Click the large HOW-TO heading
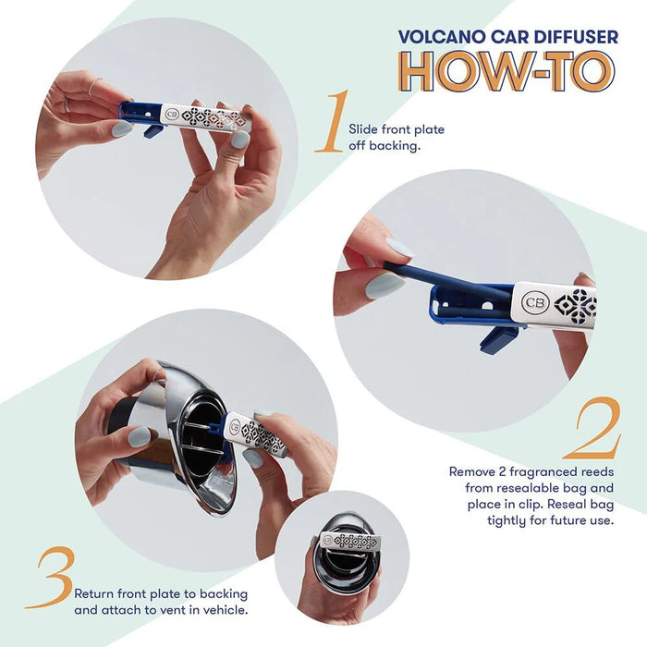pos(506,72)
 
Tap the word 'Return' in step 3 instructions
pos(96,593)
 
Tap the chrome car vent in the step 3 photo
pos(189,434)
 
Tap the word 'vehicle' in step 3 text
pos(225,610)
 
